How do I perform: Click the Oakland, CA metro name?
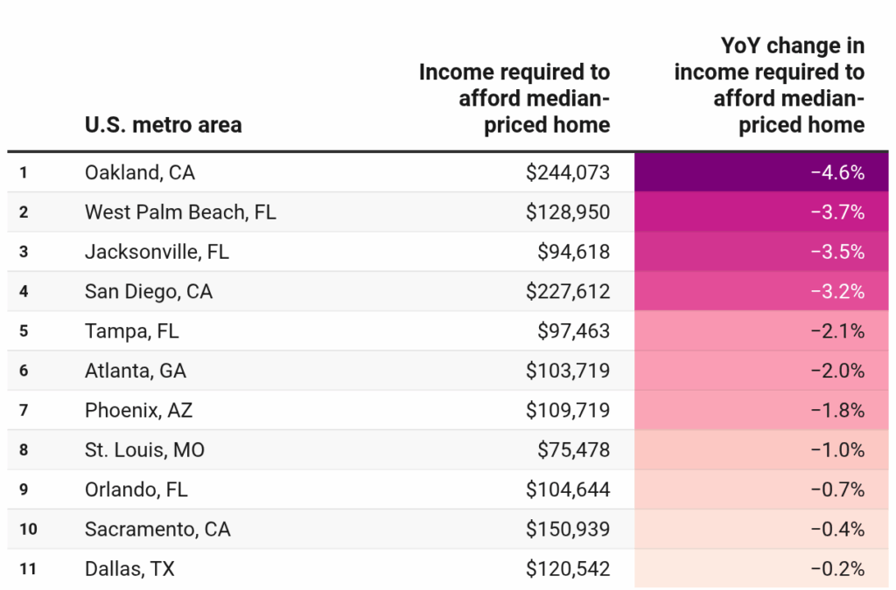pos(139,173)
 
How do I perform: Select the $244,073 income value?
pos(567,173)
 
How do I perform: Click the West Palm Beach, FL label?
pos(180,212)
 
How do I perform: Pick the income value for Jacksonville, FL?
pos(573,253)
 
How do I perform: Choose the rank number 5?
pos(24,331)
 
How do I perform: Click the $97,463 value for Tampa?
pos(573,331)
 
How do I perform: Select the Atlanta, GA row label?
pos(136,371)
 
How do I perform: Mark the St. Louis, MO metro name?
pos(144,450)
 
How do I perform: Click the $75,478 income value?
pos(573,450)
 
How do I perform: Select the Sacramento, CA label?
pos(157,529)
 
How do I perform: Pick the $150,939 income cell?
pos(567,529)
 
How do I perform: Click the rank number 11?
pos(27,569)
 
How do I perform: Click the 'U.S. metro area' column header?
pos(163,125)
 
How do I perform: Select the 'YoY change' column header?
pos(769,85)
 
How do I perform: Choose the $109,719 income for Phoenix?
pos(567,411)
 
